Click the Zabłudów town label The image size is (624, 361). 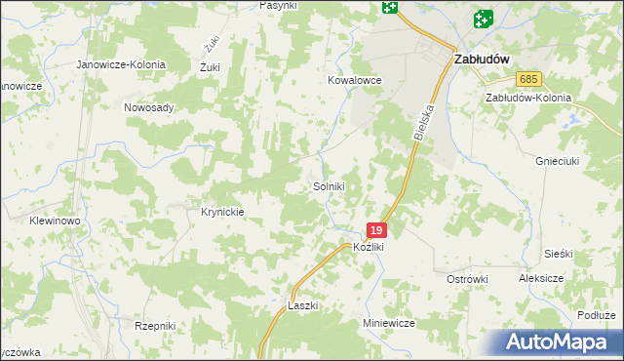483,59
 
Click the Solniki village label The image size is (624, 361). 329,186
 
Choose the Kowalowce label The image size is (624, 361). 353,81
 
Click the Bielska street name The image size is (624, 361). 422,124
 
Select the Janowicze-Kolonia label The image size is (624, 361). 122,64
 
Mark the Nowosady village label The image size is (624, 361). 148,107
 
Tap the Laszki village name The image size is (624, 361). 303,305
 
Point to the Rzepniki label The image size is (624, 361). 155,326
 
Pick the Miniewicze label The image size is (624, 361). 389,323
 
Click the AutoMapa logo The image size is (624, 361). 560,341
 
